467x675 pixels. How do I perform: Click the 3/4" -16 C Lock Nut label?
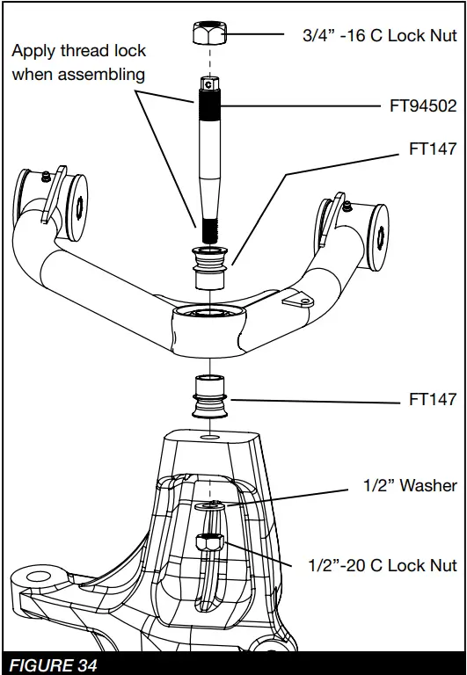pos(374,35)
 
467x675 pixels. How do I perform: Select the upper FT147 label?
pos(433,149)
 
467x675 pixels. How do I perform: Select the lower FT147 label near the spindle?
pos(433,400)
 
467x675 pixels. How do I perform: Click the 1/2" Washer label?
pos(410,485)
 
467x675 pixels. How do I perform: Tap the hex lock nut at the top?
pos(209,36)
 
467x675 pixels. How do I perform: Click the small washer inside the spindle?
pos(209,506)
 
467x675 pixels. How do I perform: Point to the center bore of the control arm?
pos(209,313)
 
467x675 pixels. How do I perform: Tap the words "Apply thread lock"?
pos(79,51)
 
